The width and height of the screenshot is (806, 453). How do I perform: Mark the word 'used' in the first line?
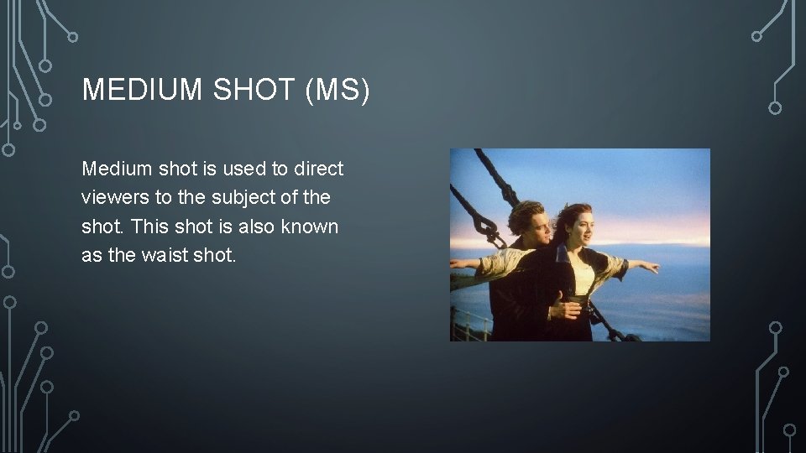[x=243, y=169]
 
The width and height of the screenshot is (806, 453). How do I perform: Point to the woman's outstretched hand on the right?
[x=651, y=268]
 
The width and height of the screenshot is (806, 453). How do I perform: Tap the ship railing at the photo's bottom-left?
[x=470, y=323]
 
